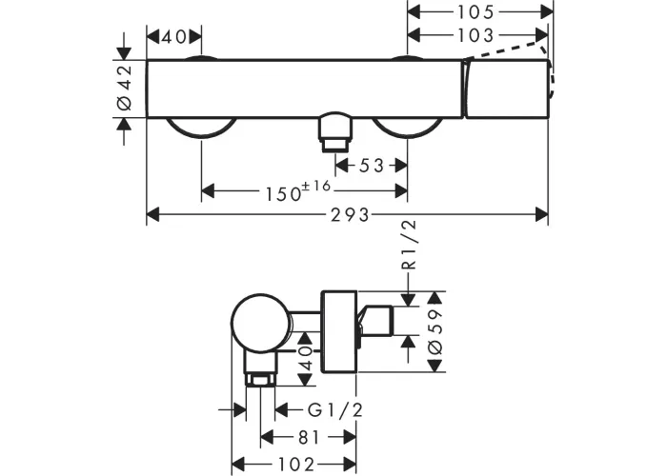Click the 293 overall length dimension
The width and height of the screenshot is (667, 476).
(x=350, y=215)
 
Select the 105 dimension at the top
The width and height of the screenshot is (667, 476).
(x=475, y=12)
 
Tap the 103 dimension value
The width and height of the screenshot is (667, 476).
(x=475, y=35)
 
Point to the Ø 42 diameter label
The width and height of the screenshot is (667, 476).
(x=125, y=88)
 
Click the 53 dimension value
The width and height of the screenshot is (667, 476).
(x=372, y=166)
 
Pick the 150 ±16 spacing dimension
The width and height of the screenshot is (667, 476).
(x=297, y=191)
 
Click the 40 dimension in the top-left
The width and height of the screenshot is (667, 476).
(x=173, y=37)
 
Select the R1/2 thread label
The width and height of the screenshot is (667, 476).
(x=409, y=246)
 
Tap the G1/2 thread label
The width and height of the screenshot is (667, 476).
(x=335, y=410)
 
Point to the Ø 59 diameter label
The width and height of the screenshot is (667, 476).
(x=435, y=331)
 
